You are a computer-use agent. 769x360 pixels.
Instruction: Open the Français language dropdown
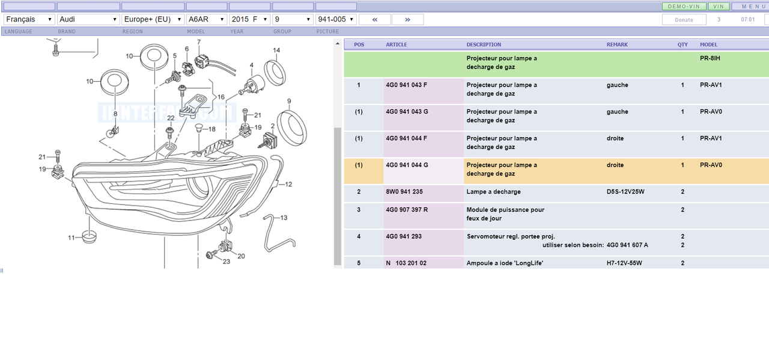29,19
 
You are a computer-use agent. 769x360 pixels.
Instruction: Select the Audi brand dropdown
88,19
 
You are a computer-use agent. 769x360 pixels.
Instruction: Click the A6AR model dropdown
207,19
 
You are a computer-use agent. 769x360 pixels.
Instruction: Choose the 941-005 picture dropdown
336,19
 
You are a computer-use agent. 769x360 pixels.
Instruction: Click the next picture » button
407,20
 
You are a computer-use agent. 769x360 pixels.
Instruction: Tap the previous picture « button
374,20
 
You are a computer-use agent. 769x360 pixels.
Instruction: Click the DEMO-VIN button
684,7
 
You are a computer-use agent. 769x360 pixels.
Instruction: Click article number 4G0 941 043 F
407,85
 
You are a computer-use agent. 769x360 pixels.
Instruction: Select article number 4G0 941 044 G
407,165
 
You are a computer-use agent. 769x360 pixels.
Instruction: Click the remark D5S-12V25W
625,192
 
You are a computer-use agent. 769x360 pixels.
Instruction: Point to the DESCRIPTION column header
484,44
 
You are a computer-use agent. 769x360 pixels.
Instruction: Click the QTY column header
682,44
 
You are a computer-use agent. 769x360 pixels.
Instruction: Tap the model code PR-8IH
710,58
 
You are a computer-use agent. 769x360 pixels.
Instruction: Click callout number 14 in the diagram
276,50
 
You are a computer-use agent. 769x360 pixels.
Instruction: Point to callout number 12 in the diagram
288,185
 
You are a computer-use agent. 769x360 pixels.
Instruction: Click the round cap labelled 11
90,237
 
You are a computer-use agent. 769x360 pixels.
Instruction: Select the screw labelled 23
211,255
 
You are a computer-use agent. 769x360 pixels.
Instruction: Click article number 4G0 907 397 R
407,210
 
